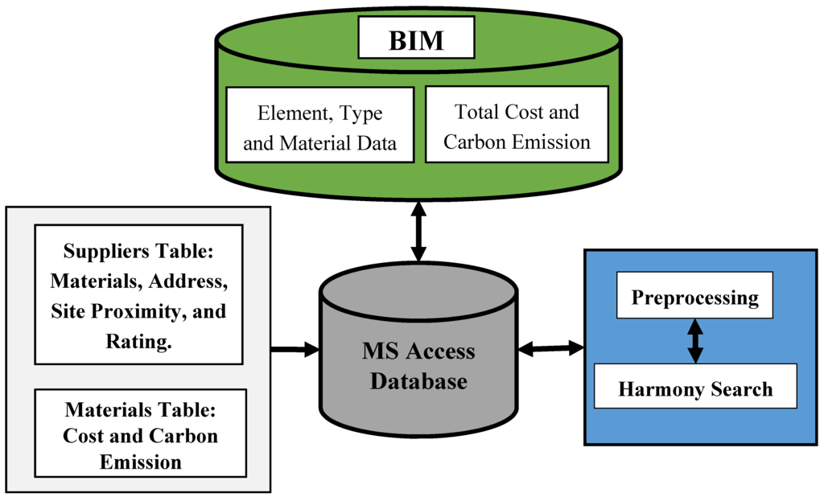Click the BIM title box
coord(416,40)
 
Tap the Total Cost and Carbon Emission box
coord(517,126)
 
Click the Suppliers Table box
coord(138,294)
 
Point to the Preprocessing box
coord(694,298)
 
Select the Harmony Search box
coord(694,389)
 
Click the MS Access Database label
coord(418,366)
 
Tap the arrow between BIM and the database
coord(418,232)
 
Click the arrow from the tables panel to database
coord(295,349)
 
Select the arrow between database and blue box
coord(551,348)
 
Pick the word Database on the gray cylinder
coord(418,380)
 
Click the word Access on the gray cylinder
coord(440,351)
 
